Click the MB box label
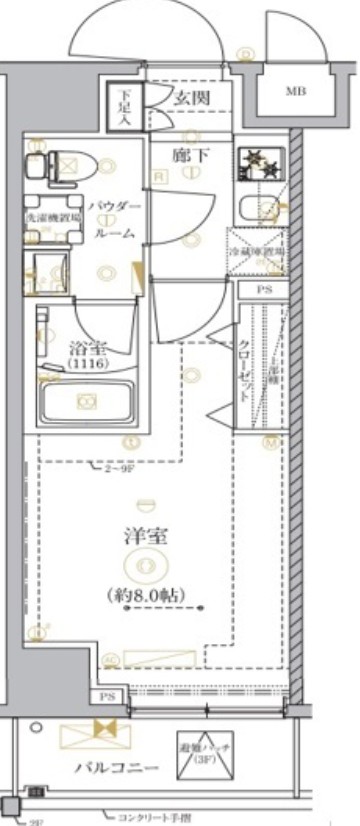point(295,92)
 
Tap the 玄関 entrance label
point(190,98)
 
